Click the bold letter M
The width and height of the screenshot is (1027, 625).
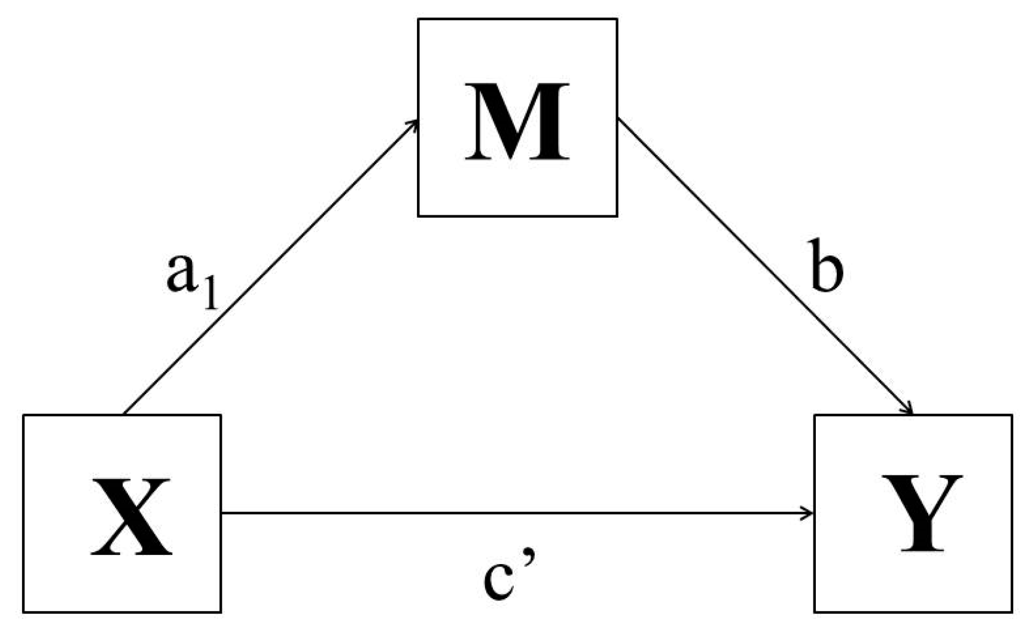click(517, 122)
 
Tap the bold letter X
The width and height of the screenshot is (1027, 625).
click(131, 517)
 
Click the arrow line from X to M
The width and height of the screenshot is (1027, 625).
click(269, 267)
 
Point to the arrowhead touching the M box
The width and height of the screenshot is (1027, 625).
click(414, 122)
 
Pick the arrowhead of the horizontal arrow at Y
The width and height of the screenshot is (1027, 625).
click(809, 513)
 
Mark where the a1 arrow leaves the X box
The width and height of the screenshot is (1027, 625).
click(123, 414)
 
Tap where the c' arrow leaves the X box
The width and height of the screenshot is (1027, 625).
click(222, 513)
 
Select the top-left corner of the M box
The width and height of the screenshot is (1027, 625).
click(418, 19)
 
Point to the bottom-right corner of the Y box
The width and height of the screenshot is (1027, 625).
click(1011, 611)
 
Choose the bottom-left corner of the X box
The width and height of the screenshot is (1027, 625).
click(24, 611)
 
